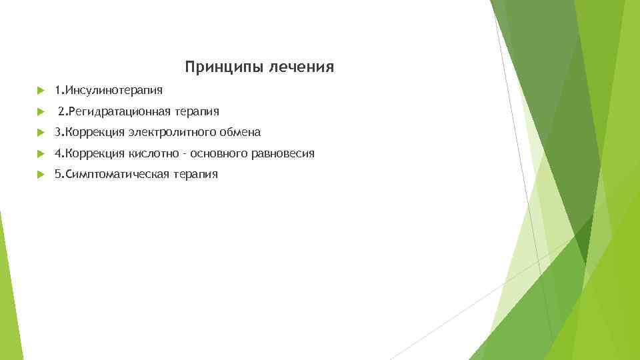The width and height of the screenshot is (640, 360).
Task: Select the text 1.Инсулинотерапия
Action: pyautogui.click(x=108, y=89)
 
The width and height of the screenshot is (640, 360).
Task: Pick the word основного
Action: pyautogui.click(x=219, y=153)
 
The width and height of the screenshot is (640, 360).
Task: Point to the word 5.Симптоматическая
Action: pyautogui.click(x=112, y=175)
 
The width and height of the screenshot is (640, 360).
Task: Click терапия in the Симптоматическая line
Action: pyautogui.click(x=195, y=175)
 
